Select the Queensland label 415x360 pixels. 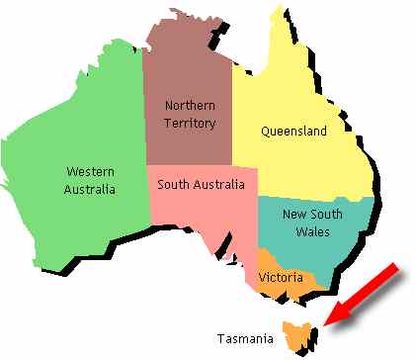(x=293, y=130)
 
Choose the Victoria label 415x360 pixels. (x=280, y=278)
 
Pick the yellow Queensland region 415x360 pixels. (x=296, y=168)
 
